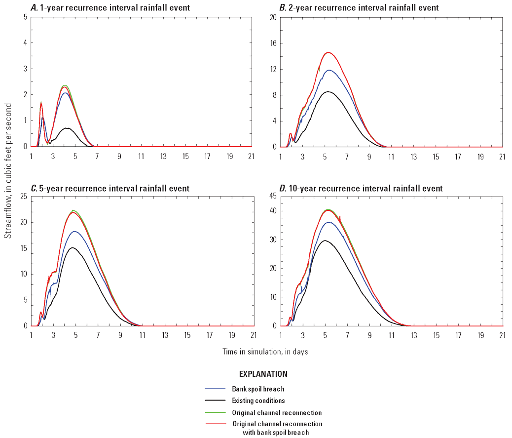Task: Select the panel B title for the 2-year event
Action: (x=352, y=8)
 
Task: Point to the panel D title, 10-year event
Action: (x=354, y=188)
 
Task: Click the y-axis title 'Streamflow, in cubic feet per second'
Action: (x=8, y=171)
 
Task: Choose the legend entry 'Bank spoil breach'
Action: (x=258, y=389)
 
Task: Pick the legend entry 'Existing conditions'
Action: (x=258, y=400)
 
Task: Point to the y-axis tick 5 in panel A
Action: (x=25, y=17)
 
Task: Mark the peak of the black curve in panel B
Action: (x=327, y=91)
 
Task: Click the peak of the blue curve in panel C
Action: (x=74, y=231)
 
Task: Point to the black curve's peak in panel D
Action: (x=325, y=240)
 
